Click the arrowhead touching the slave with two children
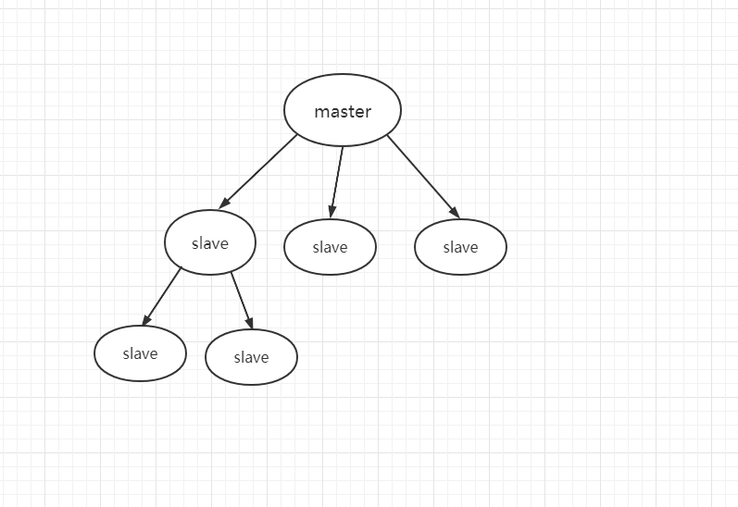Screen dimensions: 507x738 tap(224, 203)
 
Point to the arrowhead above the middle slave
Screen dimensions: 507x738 tap(332, 211)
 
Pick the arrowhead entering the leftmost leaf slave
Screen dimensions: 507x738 tap(146, 320)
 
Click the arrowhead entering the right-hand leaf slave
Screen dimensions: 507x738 tap(249, 322)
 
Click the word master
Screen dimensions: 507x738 tap(343, 112)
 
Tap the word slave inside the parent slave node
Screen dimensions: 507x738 tap(210, 243)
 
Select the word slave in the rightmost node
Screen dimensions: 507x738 tap(460, 247)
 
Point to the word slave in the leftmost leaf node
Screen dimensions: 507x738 tap(140, 353)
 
